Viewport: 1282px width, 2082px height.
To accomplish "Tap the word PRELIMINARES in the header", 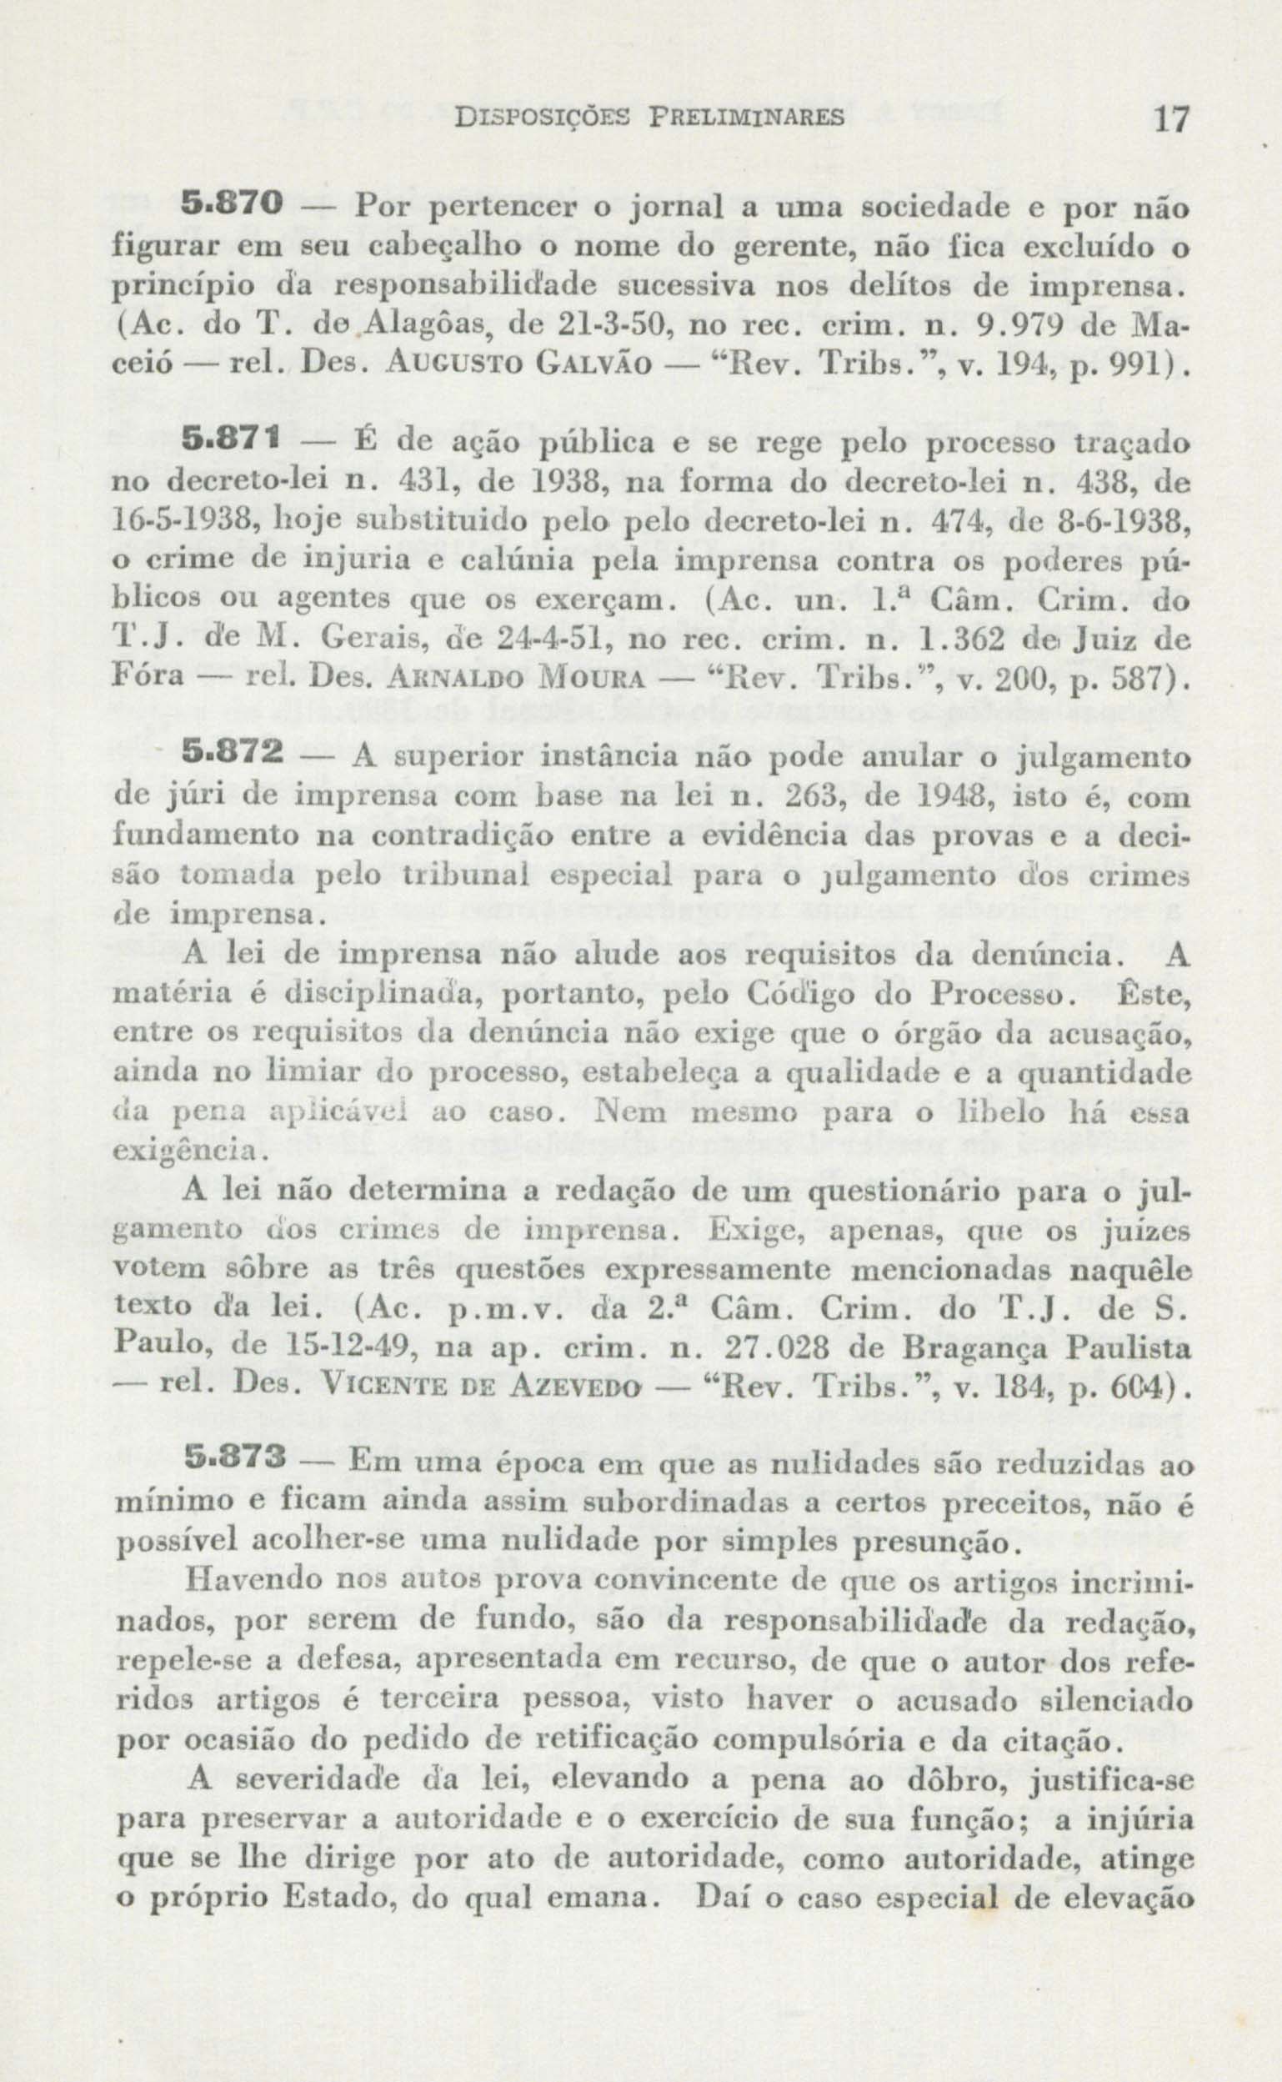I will point(746,115).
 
